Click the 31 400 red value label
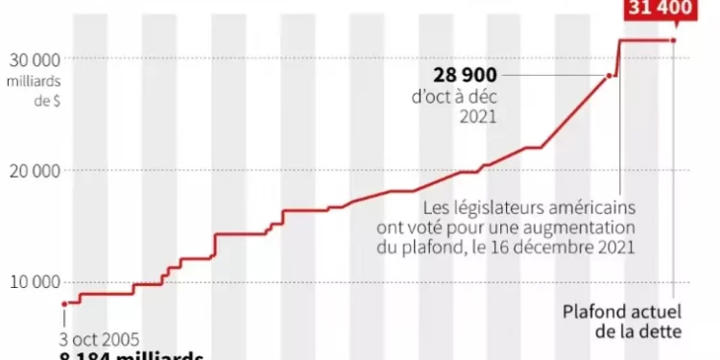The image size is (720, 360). [660, 10]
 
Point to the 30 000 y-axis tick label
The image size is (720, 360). [35, 60]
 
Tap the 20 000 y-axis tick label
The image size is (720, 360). [35, 171]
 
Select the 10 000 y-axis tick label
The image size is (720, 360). [35, 282]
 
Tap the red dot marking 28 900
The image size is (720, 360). [609, 76]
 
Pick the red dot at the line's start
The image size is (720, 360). [65, 303]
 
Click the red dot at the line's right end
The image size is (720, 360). [674, 40]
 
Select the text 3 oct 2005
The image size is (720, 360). [99, 339]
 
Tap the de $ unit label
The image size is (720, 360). [46, 102]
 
